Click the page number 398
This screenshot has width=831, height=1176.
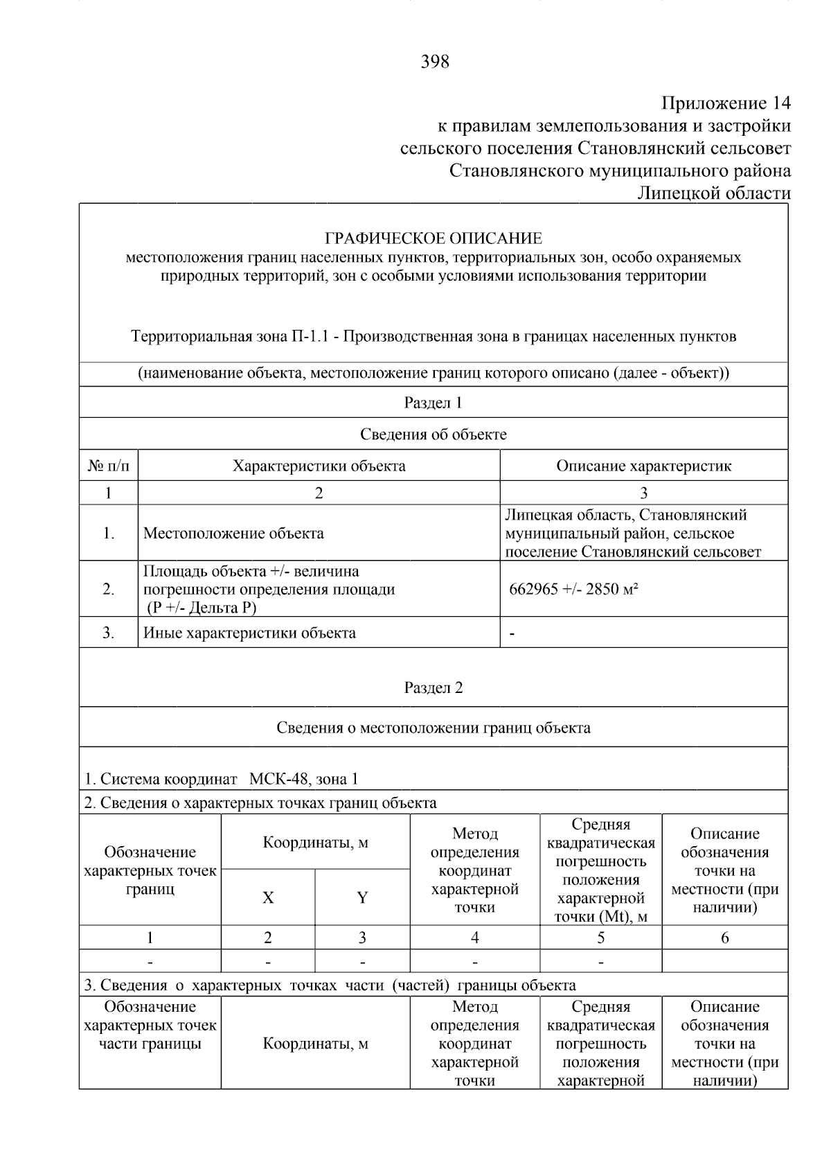point(434,62)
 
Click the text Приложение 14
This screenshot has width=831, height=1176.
point(725,103)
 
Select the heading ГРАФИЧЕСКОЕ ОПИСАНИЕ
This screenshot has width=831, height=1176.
point(434,239)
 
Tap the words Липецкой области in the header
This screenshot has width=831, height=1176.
point(713,193)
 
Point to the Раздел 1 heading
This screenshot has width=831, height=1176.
point(433,403)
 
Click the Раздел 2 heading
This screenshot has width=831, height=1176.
point(433,687)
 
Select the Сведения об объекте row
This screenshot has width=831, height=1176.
point(433,435)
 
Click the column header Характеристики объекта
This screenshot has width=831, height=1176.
point(319,466)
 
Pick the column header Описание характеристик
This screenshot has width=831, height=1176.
point(643,466)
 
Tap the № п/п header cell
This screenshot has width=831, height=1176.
point(109,466)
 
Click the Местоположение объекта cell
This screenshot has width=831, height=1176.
point(233,533)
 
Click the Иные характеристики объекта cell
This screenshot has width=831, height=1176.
point(249,633)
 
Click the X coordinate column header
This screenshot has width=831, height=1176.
point(268,897)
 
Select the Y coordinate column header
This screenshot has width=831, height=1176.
point(362,897)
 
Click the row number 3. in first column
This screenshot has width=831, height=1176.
point(109,633)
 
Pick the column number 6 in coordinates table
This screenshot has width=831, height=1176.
point(724,938)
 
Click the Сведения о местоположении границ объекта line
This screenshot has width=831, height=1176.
point(433,728)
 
